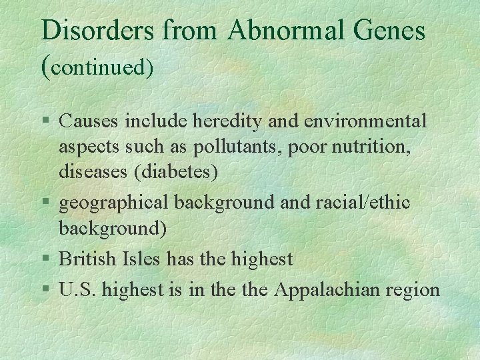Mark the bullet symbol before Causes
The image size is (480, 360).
point(45,122)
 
